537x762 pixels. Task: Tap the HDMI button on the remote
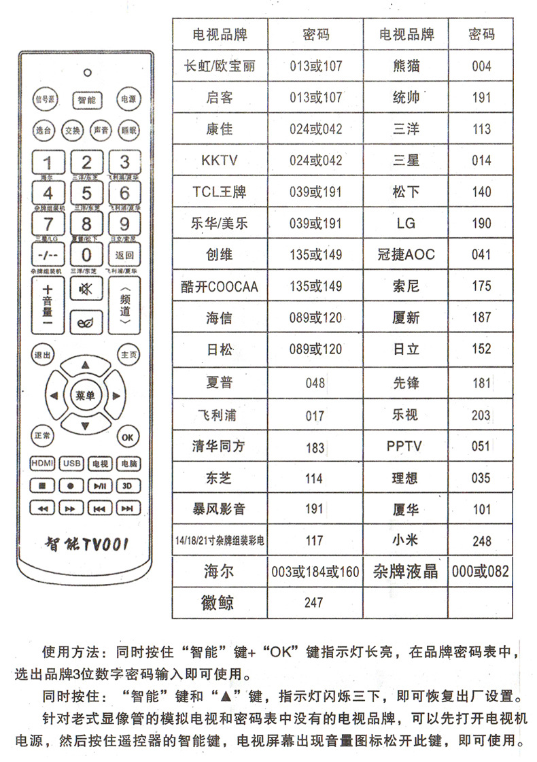click(42, 464)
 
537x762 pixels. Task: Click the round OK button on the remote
click(126, 437)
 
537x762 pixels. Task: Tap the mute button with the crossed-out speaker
click(86, 290)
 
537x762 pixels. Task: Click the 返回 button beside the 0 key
click(125, 256)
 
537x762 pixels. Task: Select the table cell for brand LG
click(406, 224)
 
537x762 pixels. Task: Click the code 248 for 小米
click(481, 540)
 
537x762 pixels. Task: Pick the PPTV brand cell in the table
click(406, 447)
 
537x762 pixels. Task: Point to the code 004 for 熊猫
click(481, 67)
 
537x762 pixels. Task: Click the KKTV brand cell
click(219, 161)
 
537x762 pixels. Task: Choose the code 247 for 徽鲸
click(315, 602)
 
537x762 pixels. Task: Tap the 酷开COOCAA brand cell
click(219, 286)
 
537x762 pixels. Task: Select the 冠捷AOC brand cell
click(406, 255)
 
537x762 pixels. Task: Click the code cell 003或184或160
click(315, 572)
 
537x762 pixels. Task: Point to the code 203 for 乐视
click(481, 415)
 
